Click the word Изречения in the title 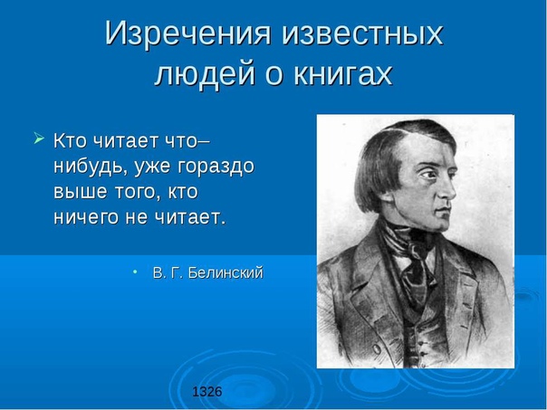[x=188, y=33]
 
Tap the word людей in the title [x=205, y=74]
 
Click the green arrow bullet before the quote [x=38, y=138]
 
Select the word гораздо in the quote [x=216, y=167]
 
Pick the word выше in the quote [x=80, y=192]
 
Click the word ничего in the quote [x=86, y=218]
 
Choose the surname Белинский [x=226, y=272]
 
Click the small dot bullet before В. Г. [x=135, y=271]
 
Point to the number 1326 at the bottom [x=206, y=392]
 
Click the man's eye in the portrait [x=428, y=173]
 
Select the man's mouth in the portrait [x=444, y=210]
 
